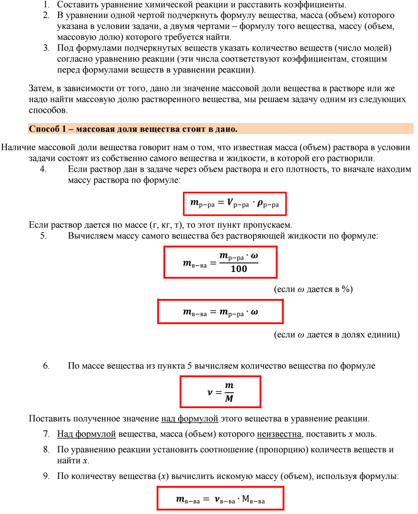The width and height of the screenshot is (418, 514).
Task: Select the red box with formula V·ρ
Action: point(234,204)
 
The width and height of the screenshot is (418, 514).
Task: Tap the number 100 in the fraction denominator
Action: point(239,269)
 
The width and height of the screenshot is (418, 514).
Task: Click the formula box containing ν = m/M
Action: point(220,391)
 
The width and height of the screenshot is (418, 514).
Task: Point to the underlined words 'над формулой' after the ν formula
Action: point(190,418)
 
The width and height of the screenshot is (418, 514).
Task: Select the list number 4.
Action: point(43,169)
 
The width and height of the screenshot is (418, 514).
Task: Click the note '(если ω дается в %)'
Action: point(313,289)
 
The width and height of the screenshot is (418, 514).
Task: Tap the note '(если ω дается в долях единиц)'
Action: point(337,335)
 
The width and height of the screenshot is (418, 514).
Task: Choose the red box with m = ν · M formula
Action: point(220,499)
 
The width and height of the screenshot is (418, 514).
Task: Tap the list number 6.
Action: point(46,366)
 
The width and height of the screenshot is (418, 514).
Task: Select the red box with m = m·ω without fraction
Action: point(220,312)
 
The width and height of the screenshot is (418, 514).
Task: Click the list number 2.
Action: point(46,15)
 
